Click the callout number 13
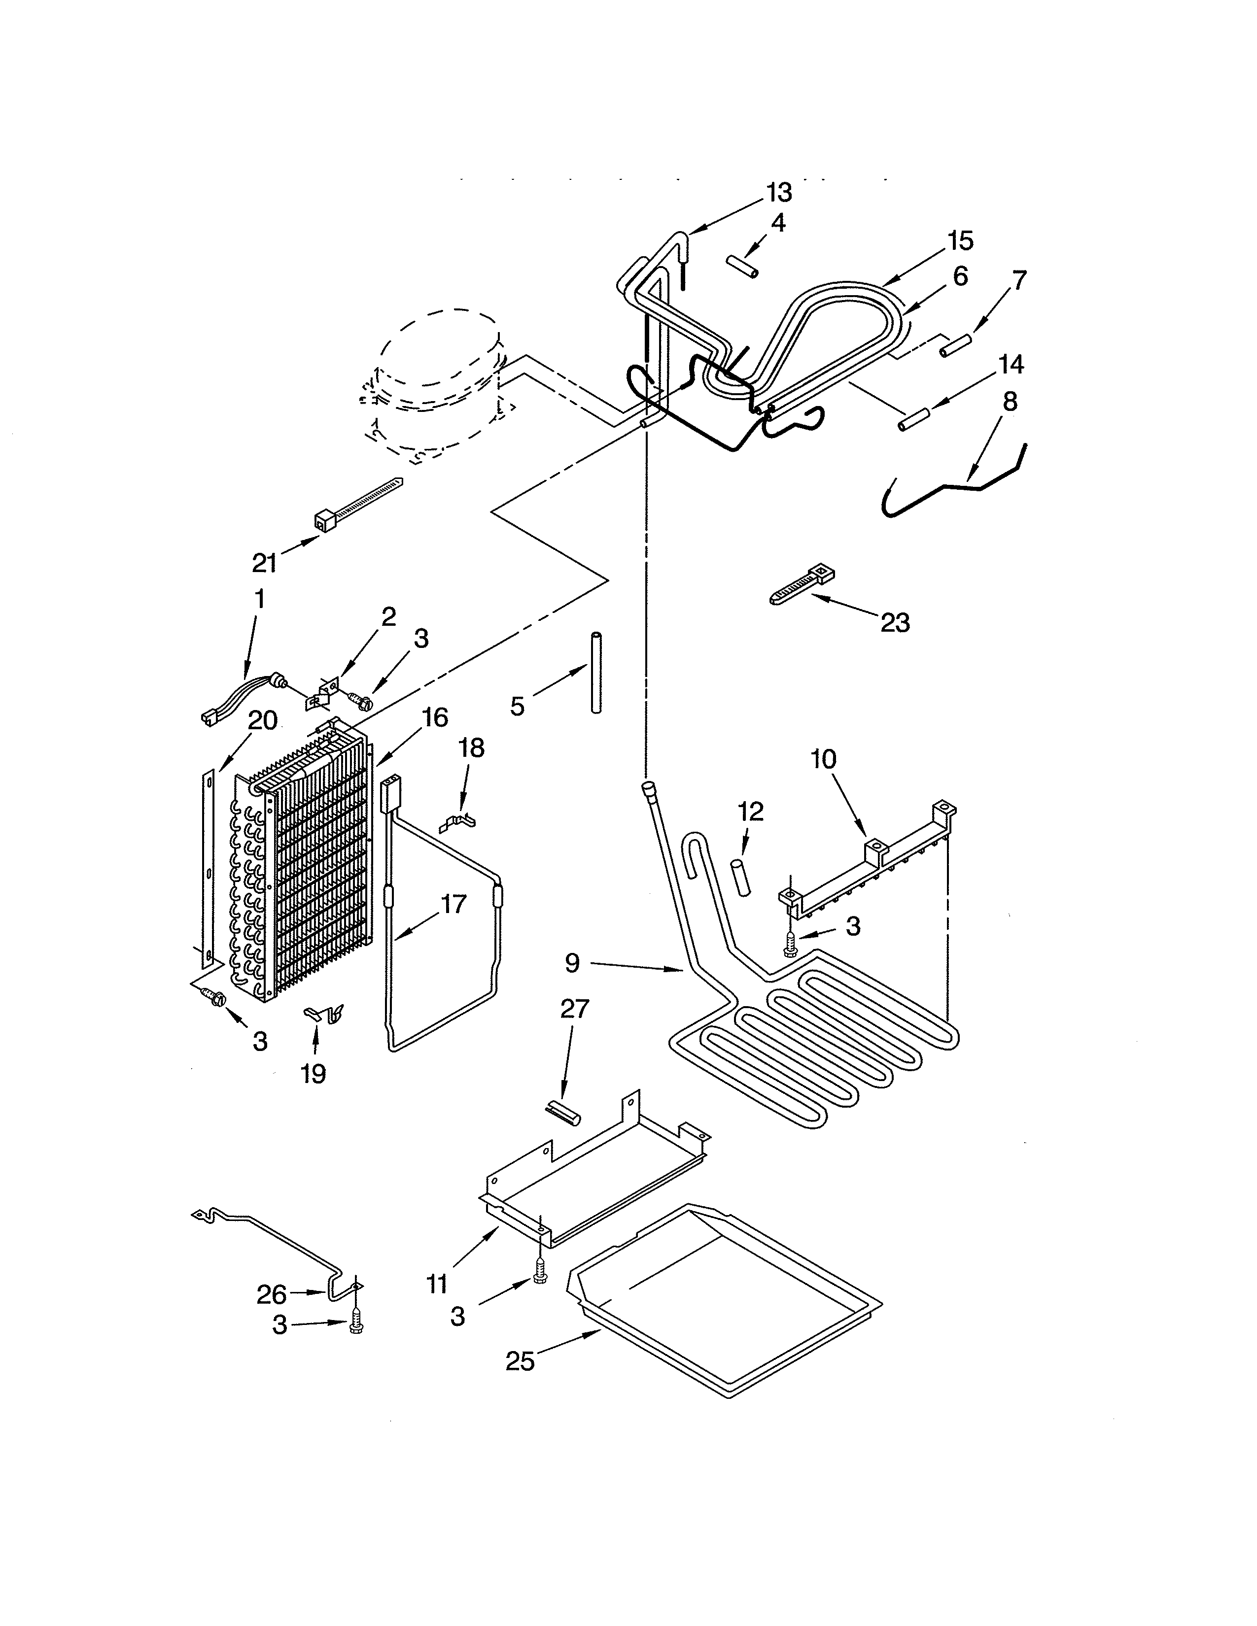pyautogui.click(x=779, y=192)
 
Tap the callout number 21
pyautogui.click(x=264, y=563)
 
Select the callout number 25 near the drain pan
pyautogui.click(x=520, y=1361)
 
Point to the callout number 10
pyautogui.click(x=824, y=760)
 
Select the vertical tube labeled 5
pyautogui.click(x=596, y=673)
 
